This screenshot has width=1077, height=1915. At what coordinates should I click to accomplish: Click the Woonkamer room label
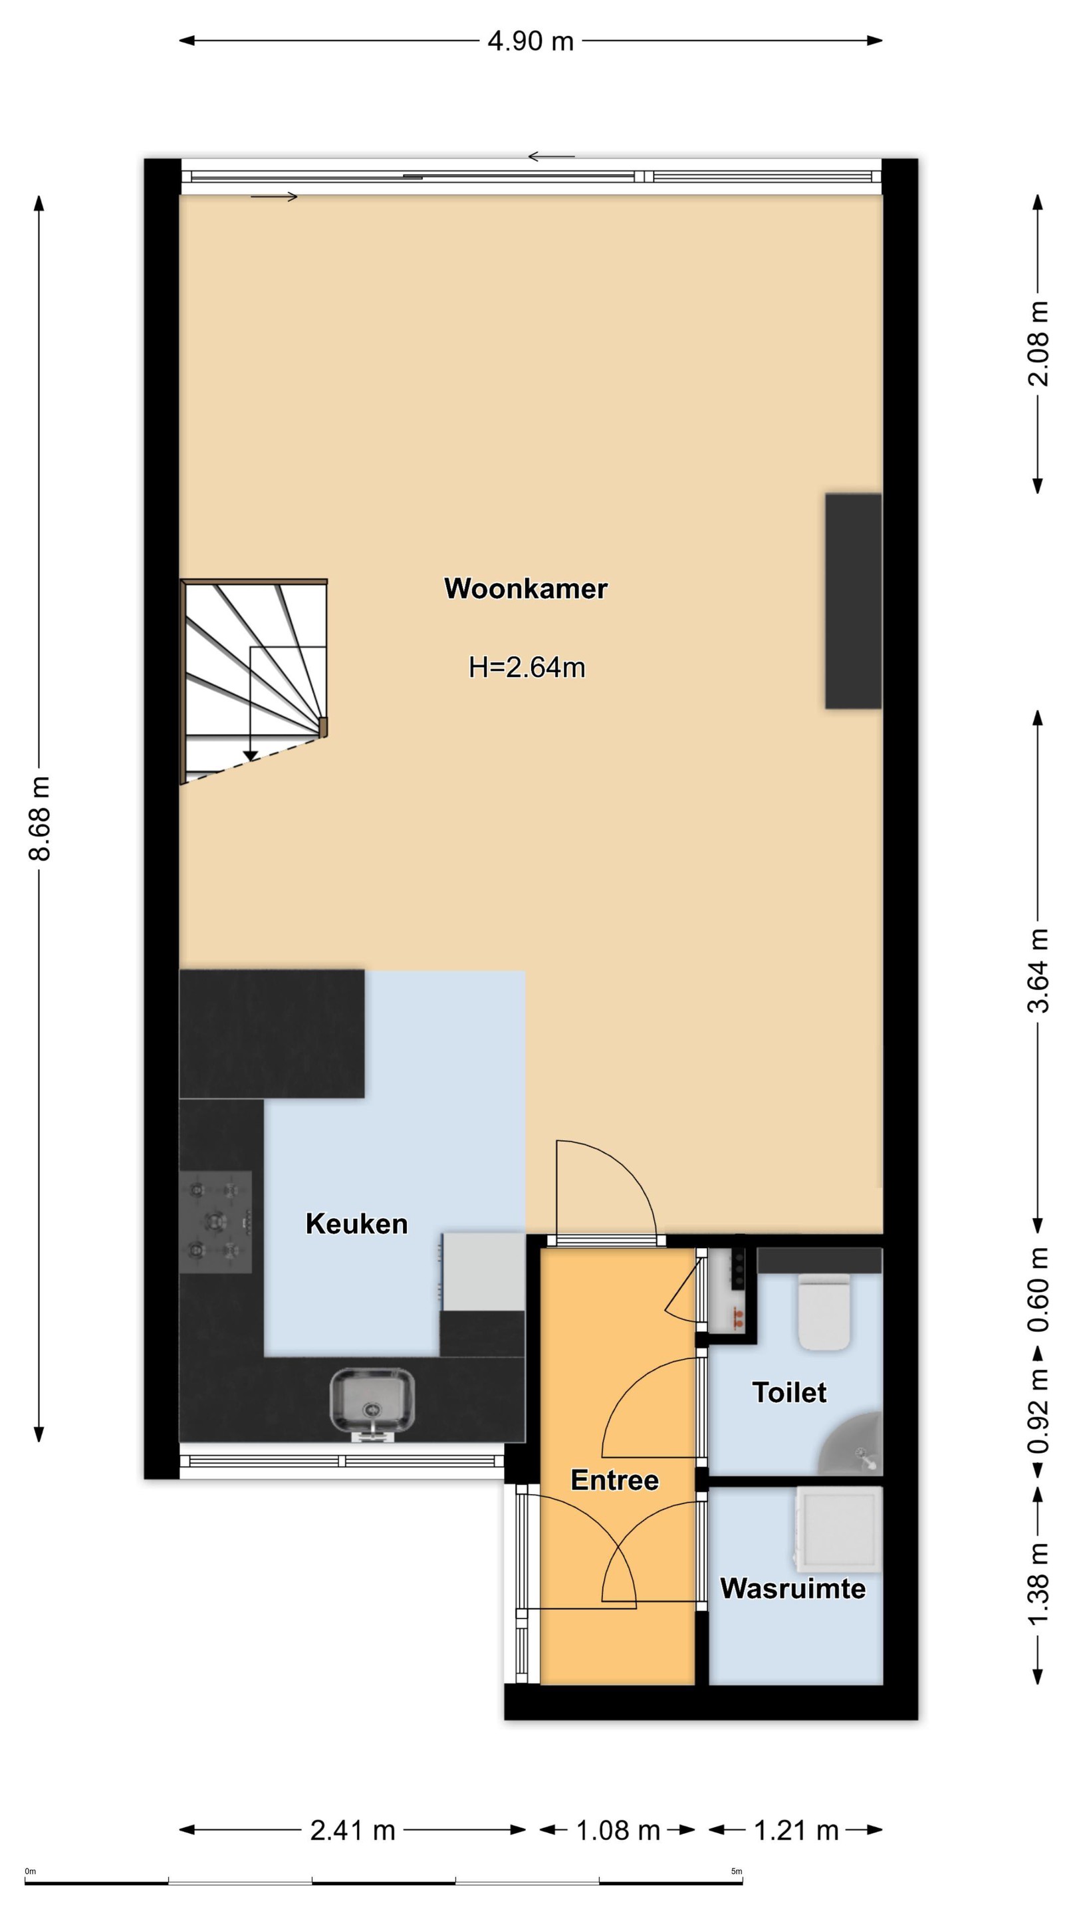click(525, 588)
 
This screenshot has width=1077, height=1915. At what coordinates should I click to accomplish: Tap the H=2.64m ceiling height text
click(527, 668)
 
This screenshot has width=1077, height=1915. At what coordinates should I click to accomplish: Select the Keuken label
click(357, 1224)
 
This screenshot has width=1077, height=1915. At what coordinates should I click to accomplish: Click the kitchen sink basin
click(372, 1399)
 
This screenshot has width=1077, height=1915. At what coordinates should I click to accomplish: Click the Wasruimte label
click(793, 1589)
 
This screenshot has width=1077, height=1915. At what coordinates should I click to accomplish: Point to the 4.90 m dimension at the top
click(531, 40)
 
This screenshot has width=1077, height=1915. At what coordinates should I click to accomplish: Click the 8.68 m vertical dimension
click(39, 818)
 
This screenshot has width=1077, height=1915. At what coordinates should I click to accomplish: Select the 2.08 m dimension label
click(1038, 344)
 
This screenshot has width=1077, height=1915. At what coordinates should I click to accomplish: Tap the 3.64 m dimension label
click(1038, 970)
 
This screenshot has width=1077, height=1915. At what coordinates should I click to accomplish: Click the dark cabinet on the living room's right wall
click(853, 600)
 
